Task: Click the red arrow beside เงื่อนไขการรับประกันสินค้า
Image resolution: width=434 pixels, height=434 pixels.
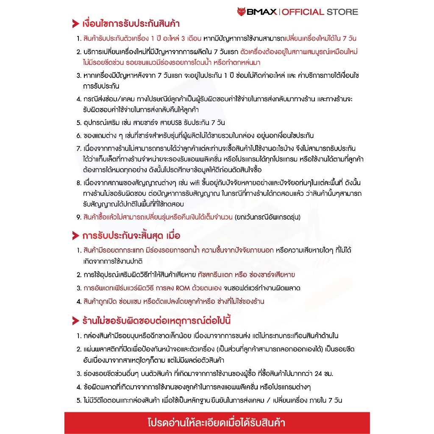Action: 75,24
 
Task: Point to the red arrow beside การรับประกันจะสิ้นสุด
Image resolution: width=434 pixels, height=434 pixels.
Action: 75,235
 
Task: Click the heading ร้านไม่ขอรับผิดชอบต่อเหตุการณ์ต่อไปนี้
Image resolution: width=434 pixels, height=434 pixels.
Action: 156,320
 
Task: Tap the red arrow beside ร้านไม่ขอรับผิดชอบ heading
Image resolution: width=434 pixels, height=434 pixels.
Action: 75,320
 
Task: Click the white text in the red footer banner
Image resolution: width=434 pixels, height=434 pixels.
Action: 217,423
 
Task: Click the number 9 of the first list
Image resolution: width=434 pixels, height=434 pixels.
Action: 78,217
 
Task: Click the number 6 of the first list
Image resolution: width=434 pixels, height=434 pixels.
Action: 78,136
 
